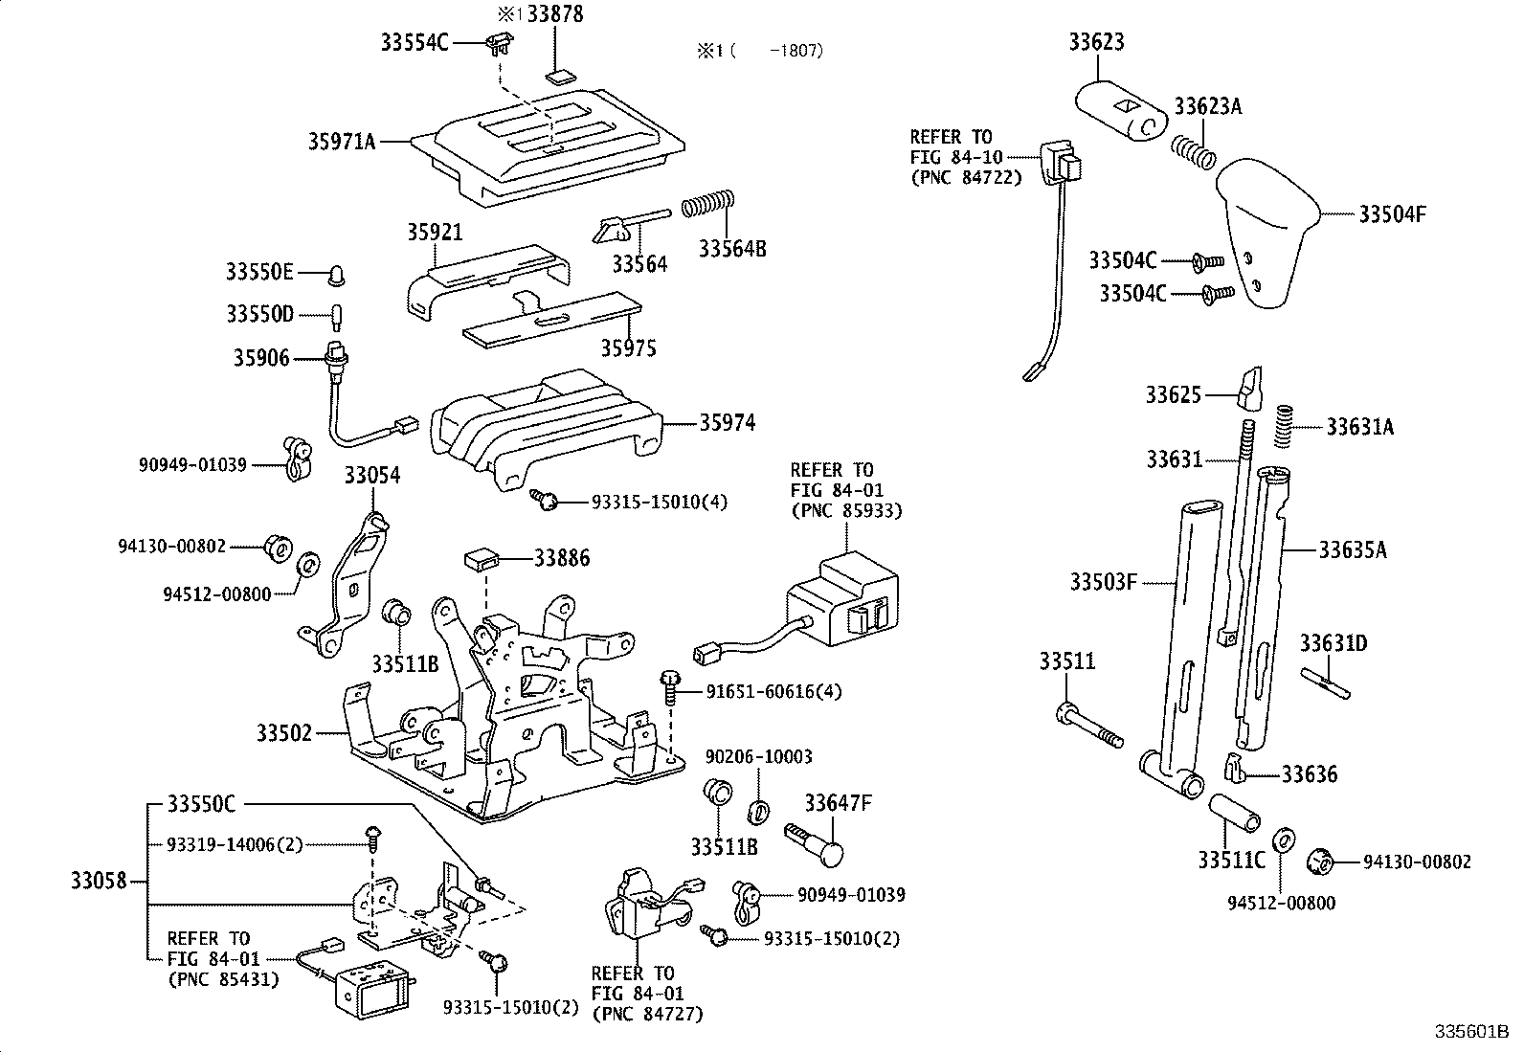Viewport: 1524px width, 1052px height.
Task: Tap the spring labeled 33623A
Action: tap(1194, 150)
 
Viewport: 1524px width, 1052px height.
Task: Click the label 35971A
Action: tap(341, 142)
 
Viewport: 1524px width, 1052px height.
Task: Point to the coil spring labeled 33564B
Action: tap(707, 204)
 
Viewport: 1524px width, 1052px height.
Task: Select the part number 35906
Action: tap(260, 358)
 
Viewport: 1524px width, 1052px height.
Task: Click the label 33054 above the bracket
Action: tap(372, 476)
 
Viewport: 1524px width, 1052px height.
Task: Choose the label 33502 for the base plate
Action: tap(284, 733)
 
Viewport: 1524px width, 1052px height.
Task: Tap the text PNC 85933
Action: tap(845, 511)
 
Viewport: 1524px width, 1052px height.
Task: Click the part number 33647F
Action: tap(838, 802)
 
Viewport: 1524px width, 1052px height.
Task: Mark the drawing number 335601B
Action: tap(1470, 1032)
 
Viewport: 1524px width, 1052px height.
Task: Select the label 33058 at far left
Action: tap(99, 880)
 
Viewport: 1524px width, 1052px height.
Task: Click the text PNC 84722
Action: tap(965, 177)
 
